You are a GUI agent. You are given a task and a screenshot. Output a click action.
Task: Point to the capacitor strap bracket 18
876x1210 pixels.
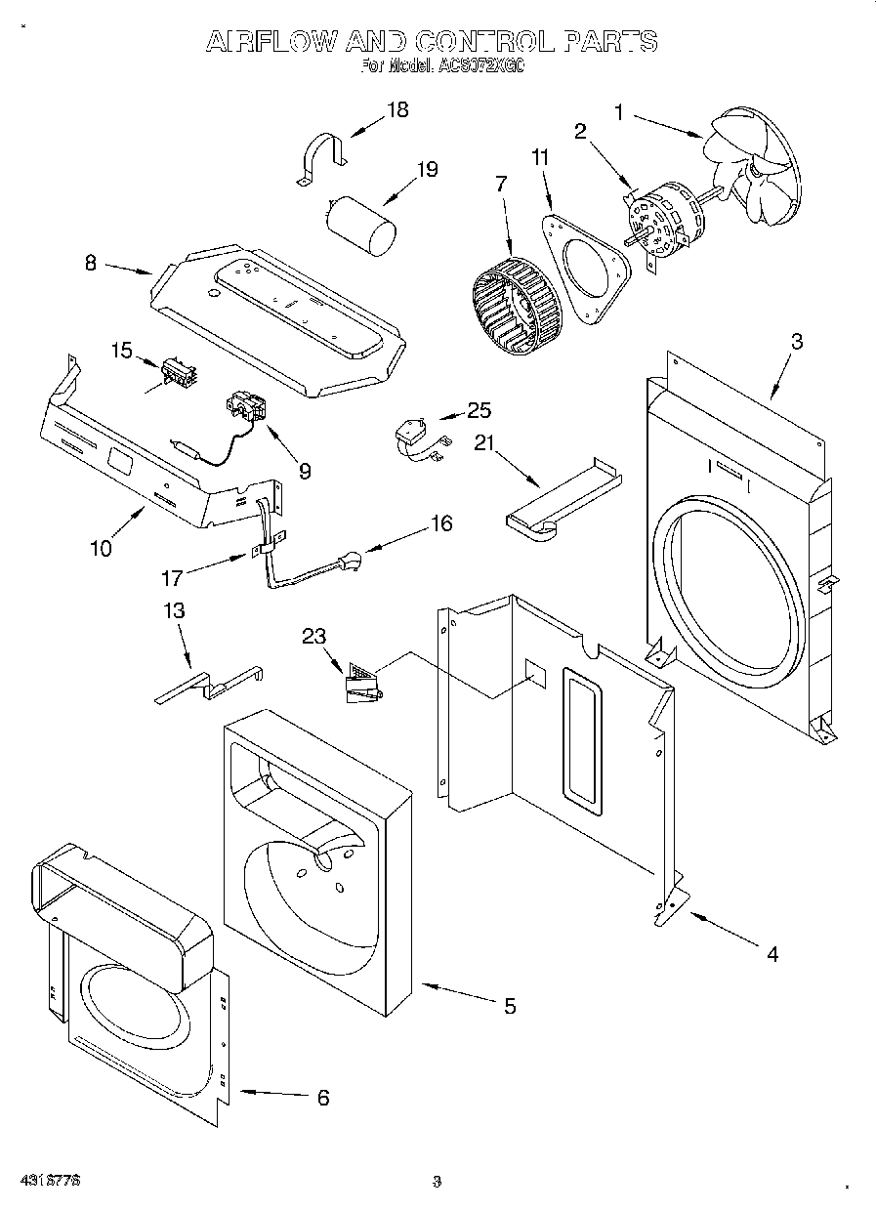click(321, 156)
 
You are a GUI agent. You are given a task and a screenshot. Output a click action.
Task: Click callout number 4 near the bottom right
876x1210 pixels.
click(772, 954)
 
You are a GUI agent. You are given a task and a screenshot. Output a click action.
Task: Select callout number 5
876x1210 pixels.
click(509, 1005)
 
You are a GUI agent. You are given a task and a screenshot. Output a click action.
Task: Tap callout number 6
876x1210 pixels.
click(323, 1097)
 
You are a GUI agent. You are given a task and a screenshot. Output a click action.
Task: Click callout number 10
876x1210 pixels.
click(101, 548)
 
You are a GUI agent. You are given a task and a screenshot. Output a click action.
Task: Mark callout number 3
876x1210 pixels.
click(797, 341)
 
